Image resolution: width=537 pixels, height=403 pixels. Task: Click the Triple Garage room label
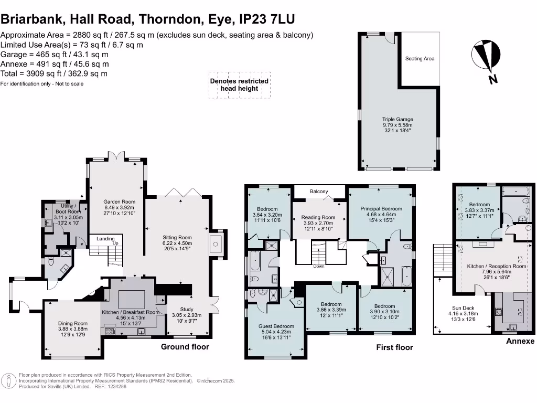(x=397, y=119)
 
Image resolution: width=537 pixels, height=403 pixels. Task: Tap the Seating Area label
(x=420, y=59)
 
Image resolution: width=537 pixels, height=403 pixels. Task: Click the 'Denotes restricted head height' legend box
(x=239, y=85)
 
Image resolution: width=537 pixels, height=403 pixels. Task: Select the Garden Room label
(x=119, y=201)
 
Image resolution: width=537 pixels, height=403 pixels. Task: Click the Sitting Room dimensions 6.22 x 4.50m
(x=178, y=243)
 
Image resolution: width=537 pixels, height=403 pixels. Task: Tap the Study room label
(x=187, y=309)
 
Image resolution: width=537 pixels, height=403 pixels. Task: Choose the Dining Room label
(x=73, y=323)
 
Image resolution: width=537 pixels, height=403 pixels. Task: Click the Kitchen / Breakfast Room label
(x=130, y=312)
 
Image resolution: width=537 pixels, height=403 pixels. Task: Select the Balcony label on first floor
(x=318, y=192)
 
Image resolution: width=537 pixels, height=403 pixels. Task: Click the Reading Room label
(x=320, y=217)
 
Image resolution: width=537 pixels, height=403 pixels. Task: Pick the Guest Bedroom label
(x=276, y=326)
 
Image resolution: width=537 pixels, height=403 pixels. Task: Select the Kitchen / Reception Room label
(x=496, y=267)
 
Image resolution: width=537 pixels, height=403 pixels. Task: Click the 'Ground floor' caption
(x=185, y=347)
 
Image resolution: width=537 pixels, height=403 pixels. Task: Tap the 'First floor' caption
(x=394, y=347)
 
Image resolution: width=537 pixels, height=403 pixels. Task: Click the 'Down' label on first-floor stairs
(x=318, y=266)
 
